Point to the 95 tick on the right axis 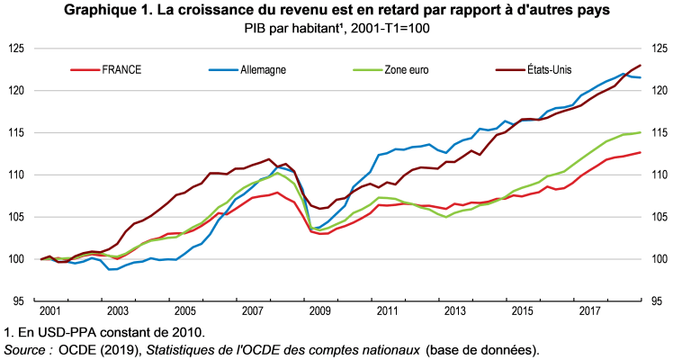657,301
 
